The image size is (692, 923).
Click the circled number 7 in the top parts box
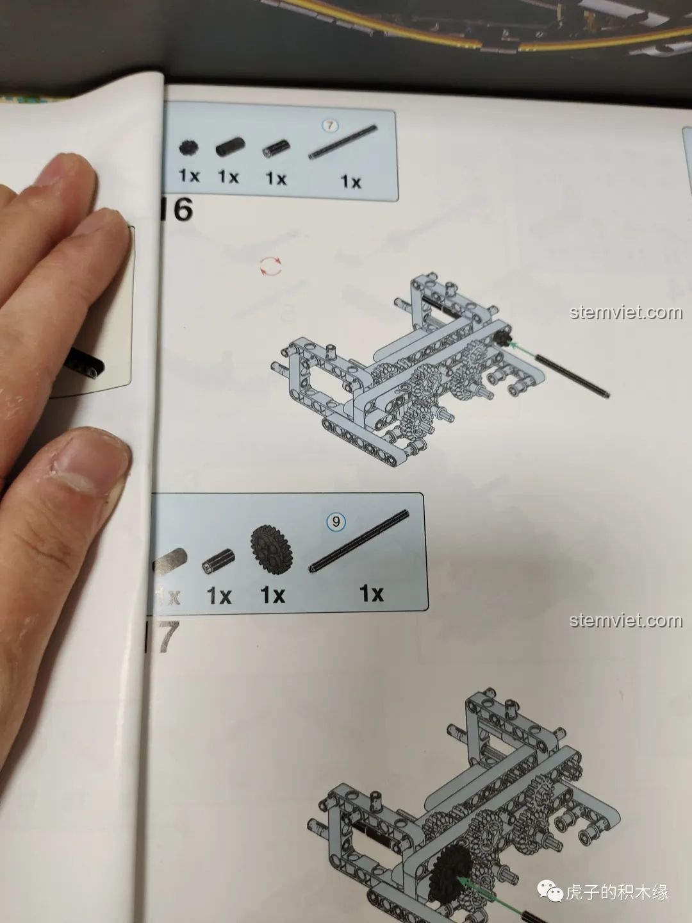pyautogui.click(x=329, y=126)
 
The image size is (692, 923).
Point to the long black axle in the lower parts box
pyautogui.click(x=360, y=541)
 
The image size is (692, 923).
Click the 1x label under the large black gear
pyautogui.click(x=272, y=595)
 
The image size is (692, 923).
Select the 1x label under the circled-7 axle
pyautogui.click(x=350, y=182)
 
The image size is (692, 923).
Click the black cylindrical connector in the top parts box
pyautogui.click(x=227, y=148)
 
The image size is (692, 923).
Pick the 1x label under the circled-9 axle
pyautogui.click(x=372, y=594)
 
